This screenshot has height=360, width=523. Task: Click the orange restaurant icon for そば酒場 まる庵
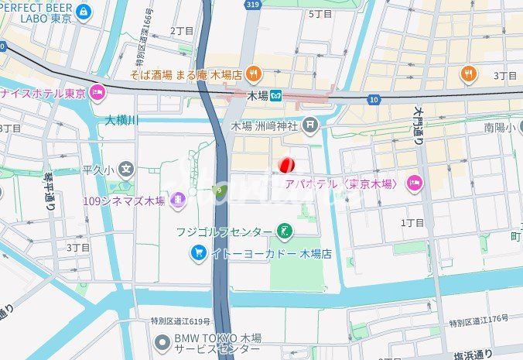[255, 74]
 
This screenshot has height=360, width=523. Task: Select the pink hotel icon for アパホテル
[414, 183]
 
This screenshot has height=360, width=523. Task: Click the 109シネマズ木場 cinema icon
[179, 201]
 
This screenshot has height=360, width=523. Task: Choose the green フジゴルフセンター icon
[285, 231]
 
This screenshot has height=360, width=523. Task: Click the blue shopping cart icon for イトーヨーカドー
[198, 253]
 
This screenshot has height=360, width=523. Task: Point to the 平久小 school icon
[126, 170]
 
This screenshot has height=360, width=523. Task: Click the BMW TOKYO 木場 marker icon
[162, 342]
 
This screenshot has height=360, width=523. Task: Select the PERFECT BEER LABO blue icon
[84, 11]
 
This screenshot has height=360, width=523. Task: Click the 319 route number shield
[251, 4]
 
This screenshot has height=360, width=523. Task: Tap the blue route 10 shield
[374, 99]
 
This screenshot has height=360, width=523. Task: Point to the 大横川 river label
[121, 120]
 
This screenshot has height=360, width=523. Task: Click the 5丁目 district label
[320, 14]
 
